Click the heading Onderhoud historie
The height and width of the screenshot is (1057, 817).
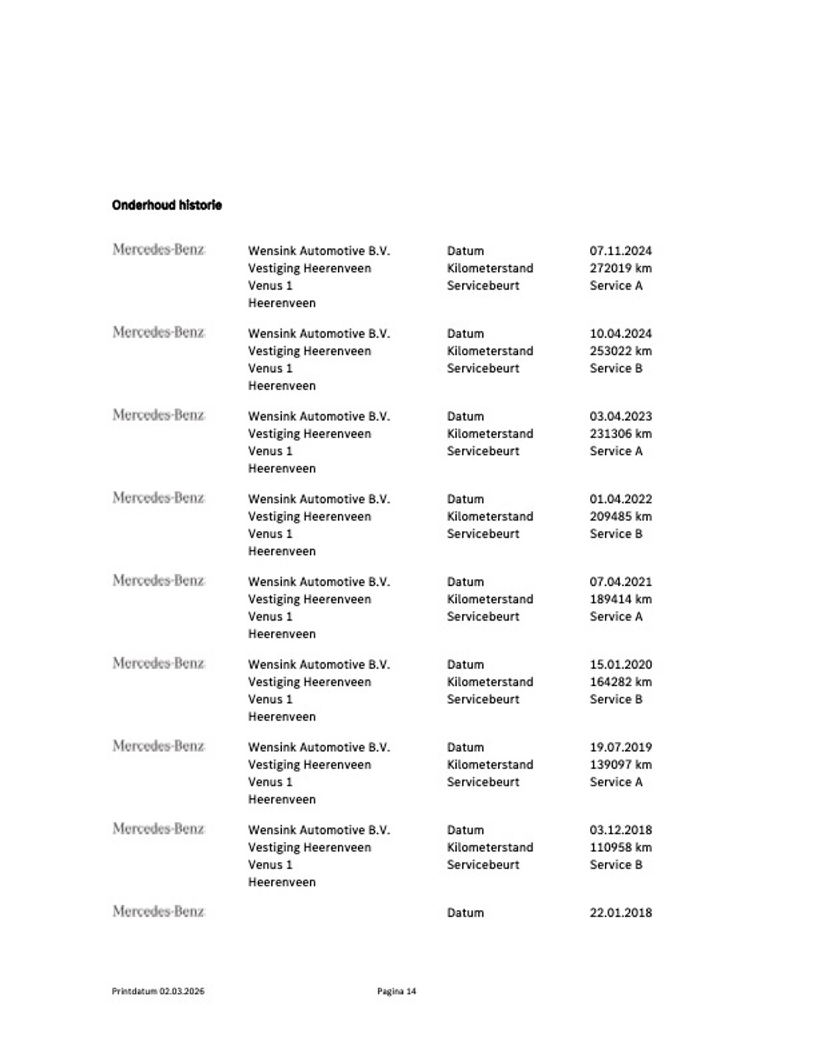[167, 205]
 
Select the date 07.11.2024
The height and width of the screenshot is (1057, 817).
[620, 251]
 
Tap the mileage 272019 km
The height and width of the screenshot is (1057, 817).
[620, 268]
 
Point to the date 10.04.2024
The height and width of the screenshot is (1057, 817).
[620, 333]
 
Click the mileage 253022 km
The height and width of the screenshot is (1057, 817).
[620, 351]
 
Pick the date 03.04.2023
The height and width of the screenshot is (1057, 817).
[620, 416]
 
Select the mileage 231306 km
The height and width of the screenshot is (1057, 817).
[620, 433]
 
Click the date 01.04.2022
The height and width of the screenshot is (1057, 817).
[620, 499]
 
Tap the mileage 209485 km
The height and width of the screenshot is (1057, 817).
[620, 516]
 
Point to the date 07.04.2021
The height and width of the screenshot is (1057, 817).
[620, 582]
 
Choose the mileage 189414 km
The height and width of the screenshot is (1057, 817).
[620, 599]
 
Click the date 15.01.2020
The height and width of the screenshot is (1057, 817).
[620, 664]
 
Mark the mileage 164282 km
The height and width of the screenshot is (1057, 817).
[620, 682]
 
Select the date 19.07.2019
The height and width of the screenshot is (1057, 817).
[620, 747]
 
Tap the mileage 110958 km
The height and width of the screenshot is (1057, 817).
[620, 847]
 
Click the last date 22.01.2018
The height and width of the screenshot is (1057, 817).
[620, 913]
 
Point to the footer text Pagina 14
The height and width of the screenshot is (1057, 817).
[396, 991]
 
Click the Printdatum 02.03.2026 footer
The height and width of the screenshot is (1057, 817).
[158, 991]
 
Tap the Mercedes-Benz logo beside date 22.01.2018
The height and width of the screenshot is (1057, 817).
[158, 912]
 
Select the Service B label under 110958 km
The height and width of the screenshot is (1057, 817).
[616, 865]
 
